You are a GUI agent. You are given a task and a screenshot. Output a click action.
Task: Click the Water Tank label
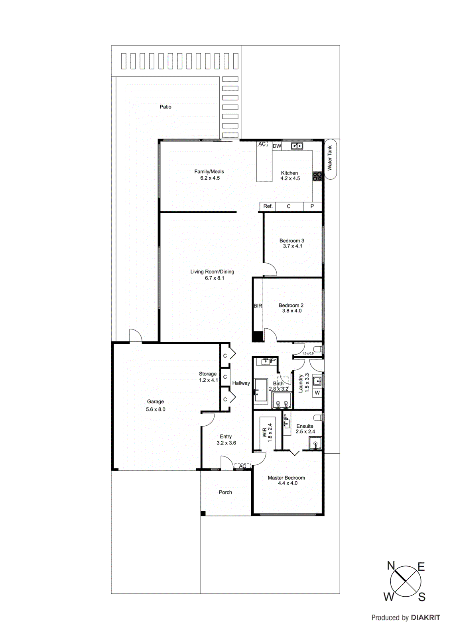click(330, 158)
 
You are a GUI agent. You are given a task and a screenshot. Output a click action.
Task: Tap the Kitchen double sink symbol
click(297, 146)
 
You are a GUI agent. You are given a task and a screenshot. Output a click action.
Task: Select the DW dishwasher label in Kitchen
click(277, 146)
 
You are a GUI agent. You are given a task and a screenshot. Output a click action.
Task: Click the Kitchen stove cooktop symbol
click(317, 177)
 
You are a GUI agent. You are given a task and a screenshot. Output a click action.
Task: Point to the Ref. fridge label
click(268, 206)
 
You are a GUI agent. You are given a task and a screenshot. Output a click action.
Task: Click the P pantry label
click(312, 206)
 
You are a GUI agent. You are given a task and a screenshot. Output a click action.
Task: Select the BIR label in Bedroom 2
click(258, 306)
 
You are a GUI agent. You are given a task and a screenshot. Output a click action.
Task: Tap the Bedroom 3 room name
click(291, 240)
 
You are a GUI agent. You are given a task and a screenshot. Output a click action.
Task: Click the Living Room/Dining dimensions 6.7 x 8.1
click(215, 278)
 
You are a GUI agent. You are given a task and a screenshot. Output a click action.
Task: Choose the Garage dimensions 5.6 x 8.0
click(156, 409)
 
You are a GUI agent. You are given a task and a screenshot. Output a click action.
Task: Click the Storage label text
click(208, 374)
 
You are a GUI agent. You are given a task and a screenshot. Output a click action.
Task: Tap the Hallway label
click(241, 383)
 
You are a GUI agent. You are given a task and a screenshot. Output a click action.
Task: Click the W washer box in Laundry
click(317, 393)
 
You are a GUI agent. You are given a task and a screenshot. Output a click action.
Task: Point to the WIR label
click(264, 433)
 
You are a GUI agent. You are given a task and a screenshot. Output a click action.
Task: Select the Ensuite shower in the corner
click(315, 444)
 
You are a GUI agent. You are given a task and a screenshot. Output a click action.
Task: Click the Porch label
click(225, 492)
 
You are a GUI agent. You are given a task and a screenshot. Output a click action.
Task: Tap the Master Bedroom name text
click(286, 478)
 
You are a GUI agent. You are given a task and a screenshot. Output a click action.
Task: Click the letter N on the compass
click(391, 566)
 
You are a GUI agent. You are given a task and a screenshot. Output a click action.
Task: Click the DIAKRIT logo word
click(425, 618)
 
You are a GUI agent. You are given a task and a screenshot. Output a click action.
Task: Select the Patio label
click(165, 107)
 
